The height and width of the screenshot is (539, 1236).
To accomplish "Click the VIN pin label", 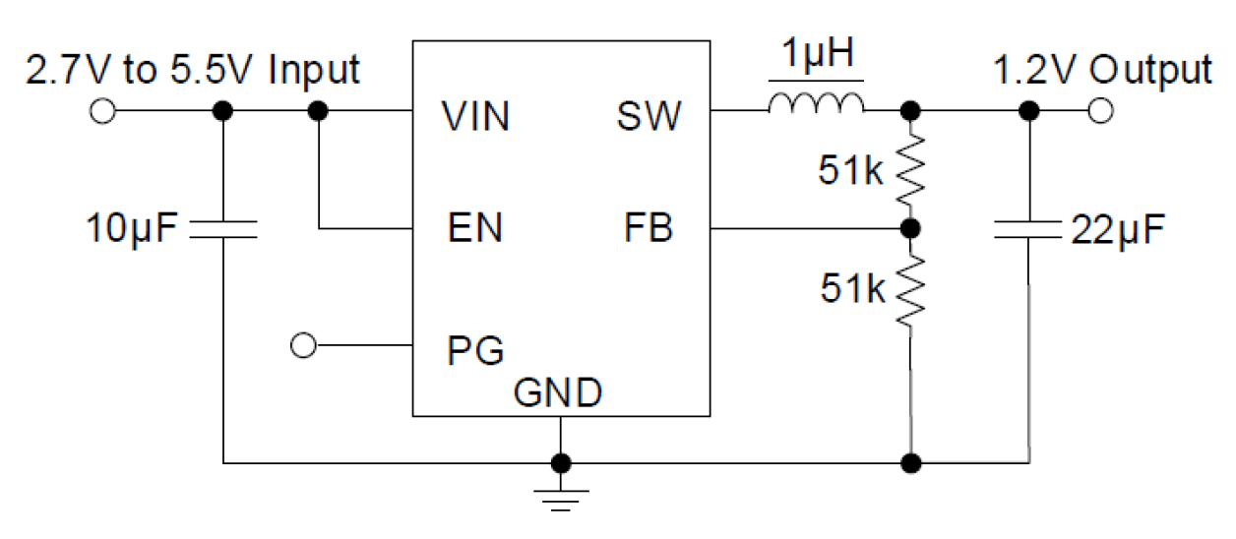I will (x=475, y=117).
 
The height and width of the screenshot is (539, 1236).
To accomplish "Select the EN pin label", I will (x=472, y=229).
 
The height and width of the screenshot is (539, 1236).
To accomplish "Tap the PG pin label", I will (x=475, y=350).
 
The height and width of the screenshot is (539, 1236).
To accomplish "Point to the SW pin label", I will (x=649, y=117).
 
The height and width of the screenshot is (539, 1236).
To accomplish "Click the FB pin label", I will (x=648, y=229).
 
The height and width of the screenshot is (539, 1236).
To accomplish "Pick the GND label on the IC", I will (x=558, y=393).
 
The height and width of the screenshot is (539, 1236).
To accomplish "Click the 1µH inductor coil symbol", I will (x=817, y=103).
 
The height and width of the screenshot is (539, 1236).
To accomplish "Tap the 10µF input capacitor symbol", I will (x=223, y=230).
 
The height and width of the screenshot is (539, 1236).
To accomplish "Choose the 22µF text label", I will (x=1117, y=232).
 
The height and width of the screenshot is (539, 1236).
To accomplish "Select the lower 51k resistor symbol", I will (x=911, y=289).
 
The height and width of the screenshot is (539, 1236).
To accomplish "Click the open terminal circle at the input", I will (x=102, y=112).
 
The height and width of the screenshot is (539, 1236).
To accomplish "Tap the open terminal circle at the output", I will (x=1101, y=112).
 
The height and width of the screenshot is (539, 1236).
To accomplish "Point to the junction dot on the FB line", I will (x=911, y=229).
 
